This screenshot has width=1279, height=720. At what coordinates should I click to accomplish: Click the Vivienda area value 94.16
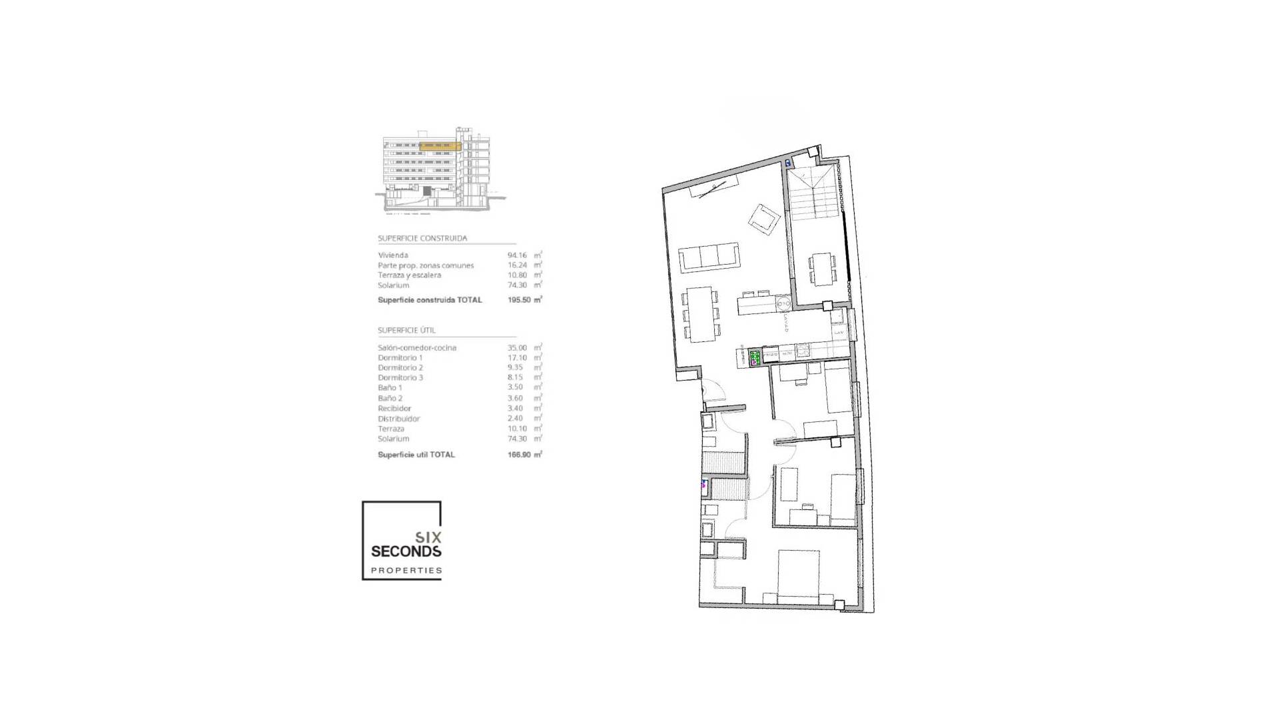(516, 255)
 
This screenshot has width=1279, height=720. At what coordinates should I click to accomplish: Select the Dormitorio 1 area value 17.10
(516, 357)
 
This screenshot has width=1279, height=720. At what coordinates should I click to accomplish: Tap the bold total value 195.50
(519, 300)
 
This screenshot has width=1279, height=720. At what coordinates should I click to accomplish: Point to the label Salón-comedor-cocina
(417, 347)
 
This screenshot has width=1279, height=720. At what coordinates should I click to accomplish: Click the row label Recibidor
(394, 408)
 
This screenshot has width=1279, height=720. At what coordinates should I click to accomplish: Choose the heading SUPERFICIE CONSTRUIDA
(422, 238)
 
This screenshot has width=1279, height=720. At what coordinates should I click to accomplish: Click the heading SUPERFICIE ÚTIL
(407, 330)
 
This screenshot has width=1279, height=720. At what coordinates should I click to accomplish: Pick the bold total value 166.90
(519, 455)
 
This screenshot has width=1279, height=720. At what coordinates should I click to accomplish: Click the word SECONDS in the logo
(406, 551)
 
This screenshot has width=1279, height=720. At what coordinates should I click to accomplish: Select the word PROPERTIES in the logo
(406, 571)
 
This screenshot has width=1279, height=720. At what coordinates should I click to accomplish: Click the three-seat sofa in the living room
(709, 257)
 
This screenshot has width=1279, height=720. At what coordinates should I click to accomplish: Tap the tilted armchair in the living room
(764, 219)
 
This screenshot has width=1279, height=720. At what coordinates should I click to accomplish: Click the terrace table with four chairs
(821, 268)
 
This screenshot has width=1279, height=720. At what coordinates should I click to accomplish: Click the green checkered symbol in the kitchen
(755, 359)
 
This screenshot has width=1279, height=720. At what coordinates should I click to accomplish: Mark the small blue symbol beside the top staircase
(788, 163)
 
